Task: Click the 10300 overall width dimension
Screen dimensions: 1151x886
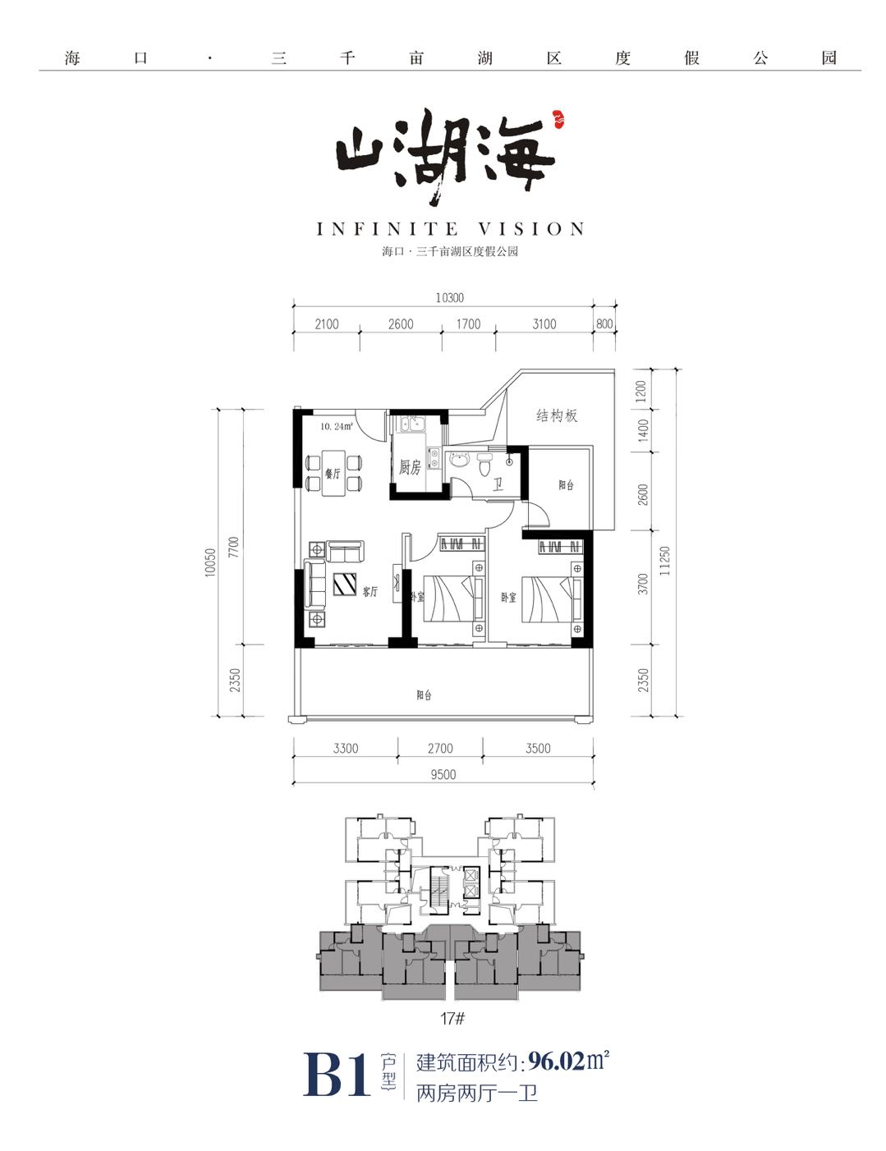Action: click(449, 298)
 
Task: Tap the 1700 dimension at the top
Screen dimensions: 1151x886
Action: click(468, 324)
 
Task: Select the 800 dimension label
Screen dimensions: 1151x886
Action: click(604, 324)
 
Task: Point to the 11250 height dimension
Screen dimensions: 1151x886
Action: click(664, 561)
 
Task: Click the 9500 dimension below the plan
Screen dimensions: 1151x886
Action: click(443, 774)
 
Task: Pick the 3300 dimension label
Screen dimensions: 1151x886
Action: click(346, 748)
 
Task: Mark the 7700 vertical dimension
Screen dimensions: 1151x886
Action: click(234, 548)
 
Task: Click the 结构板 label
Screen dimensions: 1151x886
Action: click(557, 415)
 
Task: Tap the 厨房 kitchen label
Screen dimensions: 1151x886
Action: click(410, 468)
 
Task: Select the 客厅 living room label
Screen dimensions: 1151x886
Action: click(370, 591)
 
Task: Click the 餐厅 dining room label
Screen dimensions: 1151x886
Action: click(333, 474)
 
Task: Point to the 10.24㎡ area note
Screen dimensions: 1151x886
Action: click(337, 426)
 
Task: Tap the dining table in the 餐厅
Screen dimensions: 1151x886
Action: click(333, 473)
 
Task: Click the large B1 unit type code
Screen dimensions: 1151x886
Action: click(337, 1075)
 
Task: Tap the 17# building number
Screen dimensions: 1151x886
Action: click(452, 1019)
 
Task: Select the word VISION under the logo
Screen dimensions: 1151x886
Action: click(532, 229)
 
